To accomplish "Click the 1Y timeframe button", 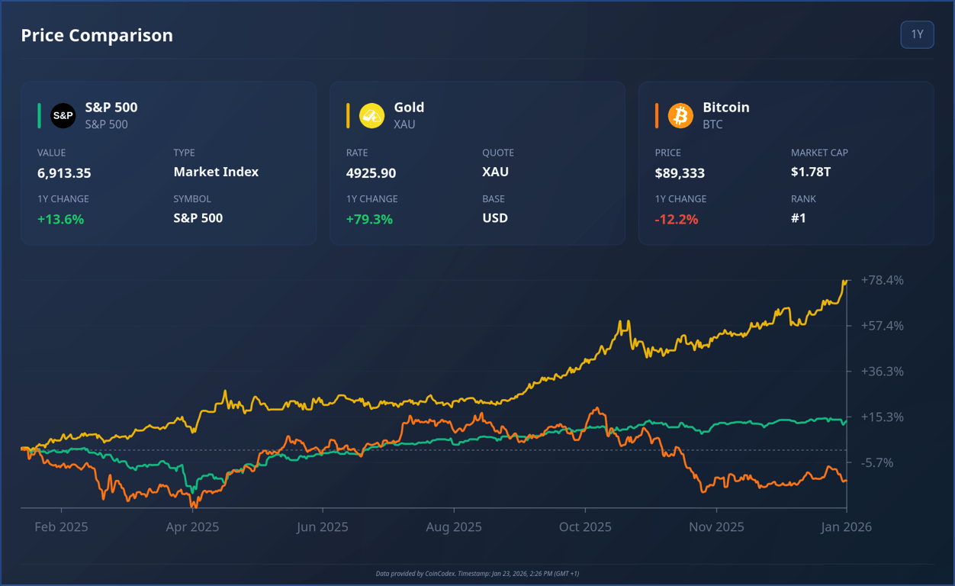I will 917,34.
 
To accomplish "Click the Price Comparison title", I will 97,35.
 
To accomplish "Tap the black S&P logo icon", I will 63,115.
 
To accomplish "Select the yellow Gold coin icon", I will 372,115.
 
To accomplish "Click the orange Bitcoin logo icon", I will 680,115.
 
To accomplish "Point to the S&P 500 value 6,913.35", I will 64,173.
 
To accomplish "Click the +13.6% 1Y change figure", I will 61,219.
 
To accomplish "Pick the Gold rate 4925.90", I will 371,173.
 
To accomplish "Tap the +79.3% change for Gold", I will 369,219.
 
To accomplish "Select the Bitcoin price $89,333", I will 680,173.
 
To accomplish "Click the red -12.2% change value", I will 677,219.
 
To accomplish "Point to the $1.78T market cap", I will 811,172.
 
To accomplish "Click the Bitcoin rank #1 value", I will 799,218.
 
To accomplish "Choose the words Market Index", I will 216,172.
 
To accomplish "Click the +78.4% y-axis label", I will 883,280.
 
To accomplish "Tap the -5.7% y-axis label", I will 877,462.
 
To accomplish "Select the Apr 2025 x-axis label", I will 192,526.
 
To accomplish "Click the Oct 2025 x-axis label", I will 585,526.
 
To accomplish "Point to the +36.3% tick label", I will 883,372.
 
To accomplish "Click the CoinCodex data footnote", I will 478,573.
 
